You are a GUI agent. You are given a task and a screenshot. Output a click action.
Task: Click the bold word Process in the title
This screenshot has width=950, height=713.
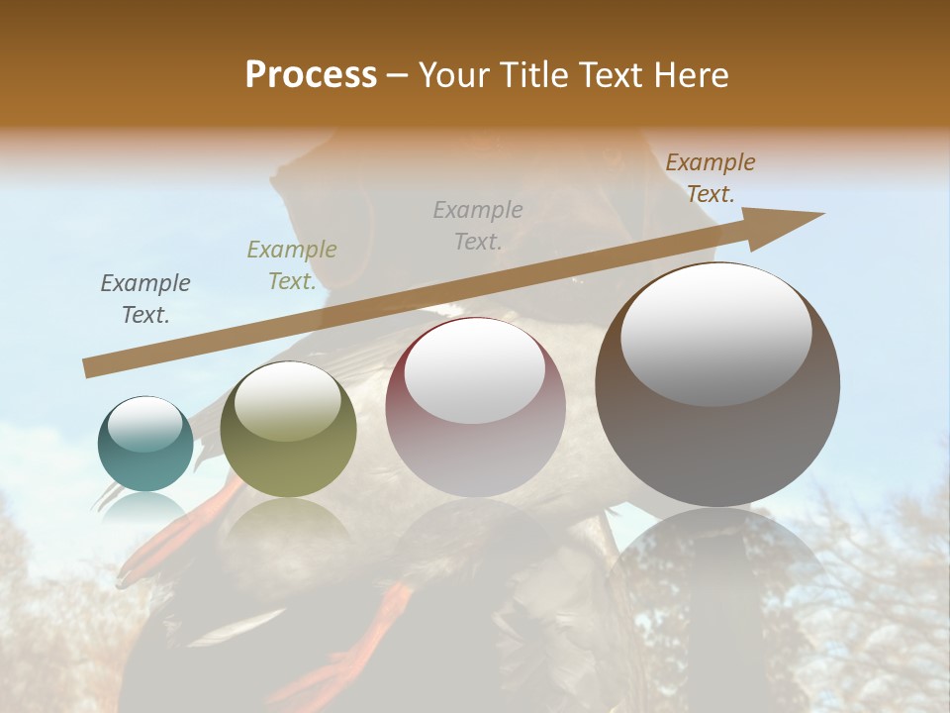pyautogui.click(x=311, y=75)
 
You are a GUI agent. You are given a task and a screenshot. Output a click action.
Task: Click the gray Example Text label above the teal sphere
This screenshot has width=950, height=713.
pyautogui.click(x=145, y=298)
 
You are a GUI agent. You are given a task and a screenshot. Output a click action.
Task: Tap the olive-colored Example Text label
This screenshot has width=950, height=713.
pyautogui.click(x=291, y=264)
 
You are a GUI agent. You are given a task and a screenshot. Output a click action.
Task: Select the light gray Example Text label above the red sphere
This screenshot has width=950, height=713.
pyautogui.click(x=478, y=225)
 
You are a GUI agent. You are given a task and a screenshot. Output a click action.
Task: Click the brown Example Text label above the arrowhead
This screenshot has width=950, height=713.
pyautogui.click(x=710, y=178)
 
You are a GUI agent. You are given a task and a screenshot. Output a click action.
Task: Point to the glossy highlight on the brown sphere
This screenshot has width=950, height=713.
pyautogui.click(x=716, y=335)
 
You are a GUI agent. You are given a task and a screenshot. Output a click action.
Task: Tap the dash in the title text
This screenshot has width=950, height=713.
pyautogui.click(x=398, y=76)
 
